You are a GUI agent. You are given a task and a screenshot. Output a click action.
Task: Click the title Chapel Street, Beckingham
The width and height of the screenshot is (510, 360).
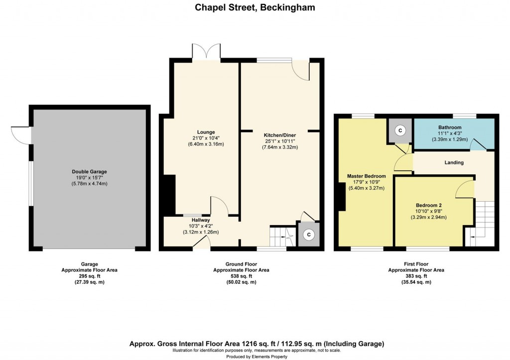(255, 7)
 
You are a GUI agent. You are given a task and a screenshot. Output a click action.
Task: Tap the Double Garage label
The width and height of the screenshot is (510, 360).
(89, 172)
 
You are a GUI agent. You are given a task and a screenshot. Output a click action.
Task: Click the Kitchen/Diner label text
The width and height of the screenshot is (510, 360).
(279, 134)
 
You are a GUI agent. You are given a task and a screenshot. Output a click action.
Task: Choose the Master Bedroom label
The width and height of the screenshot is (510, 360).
(366, 176)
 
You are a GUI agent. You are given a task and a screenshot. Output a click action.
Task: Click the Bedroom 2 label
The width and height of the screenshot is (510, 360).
(429, 205)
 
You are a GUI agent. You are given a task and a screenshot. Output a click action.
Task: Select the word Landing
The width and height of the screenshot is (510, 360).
(454, 162)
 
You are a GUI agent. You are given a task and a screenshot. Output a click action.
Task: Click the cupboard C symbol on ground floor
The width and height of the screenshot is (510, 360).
(308, 234)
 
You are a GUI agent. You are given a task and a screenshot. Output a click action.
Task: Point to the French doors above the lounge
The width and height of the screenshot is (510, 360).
(206, 52)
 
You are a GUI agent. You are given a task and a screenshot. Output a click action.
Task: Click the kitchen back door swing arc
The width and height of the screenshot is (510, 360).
(301, 70)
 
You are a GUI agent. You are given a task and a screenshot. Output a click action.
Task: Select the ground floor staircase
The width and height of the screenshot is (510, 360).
(281, 237)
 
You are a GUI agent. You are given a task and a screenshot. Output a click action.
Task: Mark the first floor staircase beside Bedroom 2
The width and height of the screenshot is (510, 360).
(483, 222)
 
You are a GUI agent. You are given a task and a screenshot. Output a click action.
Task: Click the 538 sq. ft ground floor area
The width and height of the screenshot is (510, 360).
(242, 276)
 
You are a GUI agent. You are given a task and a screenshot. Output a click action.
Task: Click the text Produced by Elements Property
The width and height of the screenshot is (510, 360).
(255, 357)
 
